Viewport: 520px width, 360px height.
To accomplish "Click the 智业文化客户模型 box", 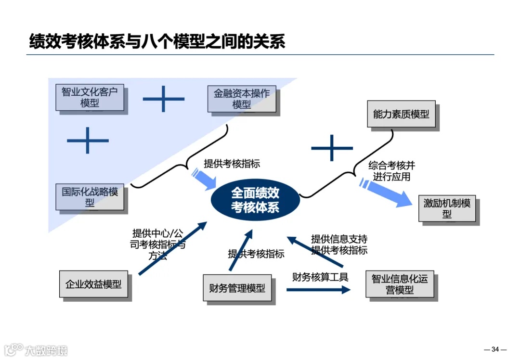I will [x=90, y=97].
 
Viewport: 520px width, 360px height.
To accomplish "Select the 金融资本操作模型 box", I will [x=242, y=99].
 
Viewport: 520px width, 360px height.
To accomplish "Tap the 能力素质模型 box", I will [x=401, y=114].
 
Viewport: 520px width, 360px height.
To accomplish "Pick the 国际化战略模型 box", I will [x=90, y=197].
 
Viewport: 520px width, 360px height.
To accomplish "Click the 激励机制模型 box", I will [x=447, y=208].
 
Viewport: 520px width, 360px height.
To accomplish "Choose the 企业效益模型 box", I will [x=93, y=284].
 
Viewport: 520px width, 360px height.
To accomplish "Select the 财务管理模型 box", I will [x=237, y=288].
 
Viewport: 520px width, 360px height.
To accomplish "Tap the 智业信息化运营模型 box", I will [x=400, y=285].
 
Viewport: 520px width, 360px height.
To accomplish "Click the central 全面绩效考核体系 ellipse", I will [x=255, y=200].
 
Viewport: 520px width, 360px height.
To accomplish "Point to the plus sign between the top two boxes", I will [x=164, y=99].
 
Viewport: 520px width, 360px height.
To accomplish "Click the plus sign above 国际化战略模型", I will [x=88, y=141].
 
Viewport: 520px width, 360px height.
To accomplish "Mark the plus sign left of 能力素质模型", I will [x=332, y=147].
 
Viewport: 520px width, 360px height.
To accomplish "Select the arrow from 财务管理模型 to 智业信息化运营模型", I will [x=318, y=290].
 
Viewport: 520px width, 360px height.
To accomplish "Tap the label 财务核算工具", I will [x=320, y=277].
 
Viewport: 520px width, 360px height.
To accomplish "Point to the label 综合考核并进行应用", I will [x=391, y=171].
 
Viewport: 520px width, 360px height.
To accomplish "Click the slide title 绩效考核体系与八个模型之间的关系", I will [x=157, y=41].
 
